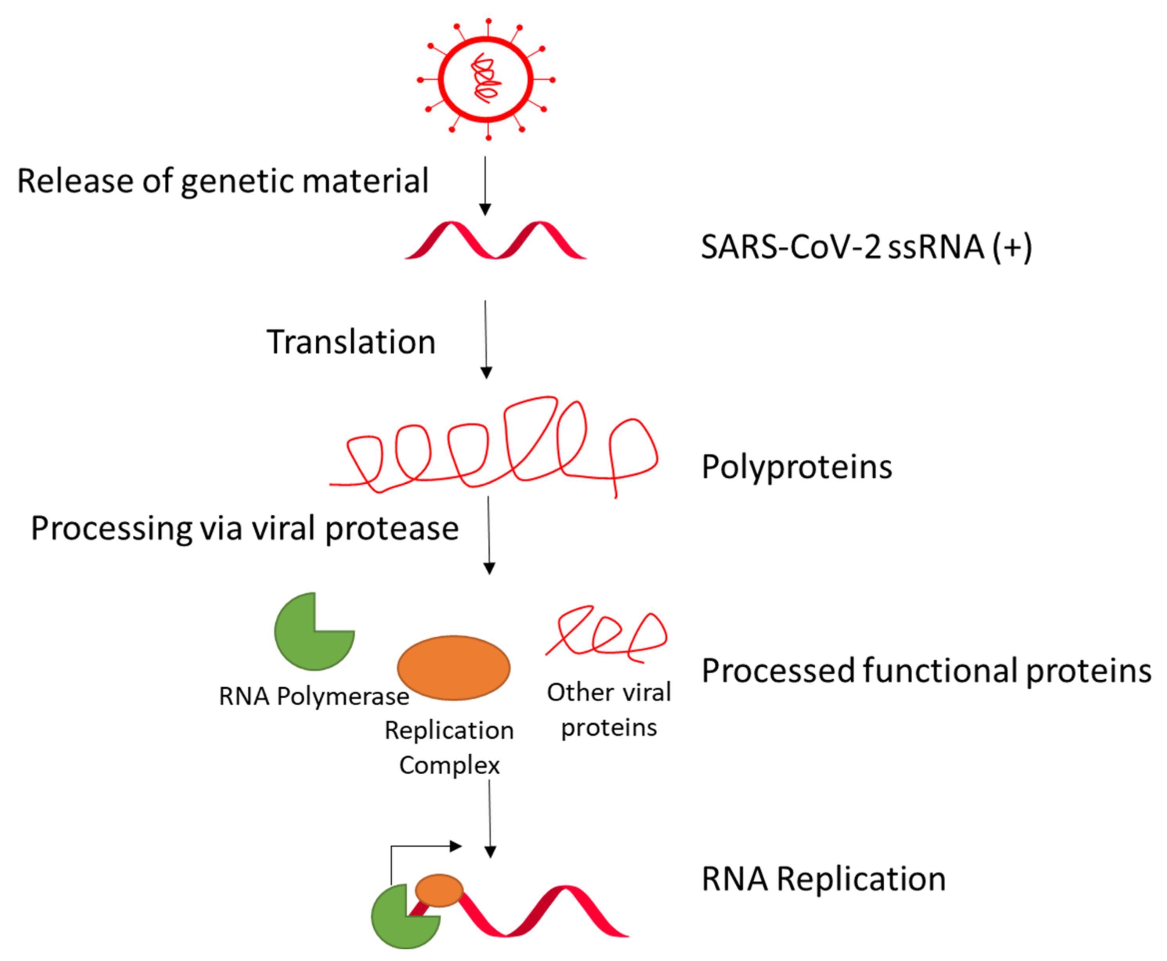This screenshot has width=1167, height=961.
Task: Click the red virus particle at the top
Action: click(486, 79)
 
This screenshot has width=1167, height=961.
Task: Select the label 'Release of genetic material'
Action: click(223, 181)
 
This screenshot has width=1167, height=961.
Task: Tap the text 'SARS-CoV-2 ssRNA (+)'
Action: click(866, 247)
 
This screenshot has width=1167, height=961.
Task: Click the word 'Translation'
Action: click(351, 342)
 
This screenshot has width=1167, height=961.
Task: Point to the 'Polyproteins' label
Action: click(796, 467)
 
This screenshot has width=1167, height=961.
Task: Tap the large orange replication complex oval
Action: click(453, 668)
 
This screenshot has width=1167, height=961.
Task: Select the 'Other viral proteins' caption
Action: click(609, 710)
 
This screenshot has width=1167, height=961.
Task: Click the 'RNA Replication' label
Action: click(823, 879)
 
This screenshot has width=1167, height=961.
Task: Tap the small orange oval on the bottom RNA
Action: click(439, 890)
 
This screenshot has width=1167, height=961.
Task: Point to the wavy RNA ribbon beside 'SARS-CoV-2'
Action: click(495, 241)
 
